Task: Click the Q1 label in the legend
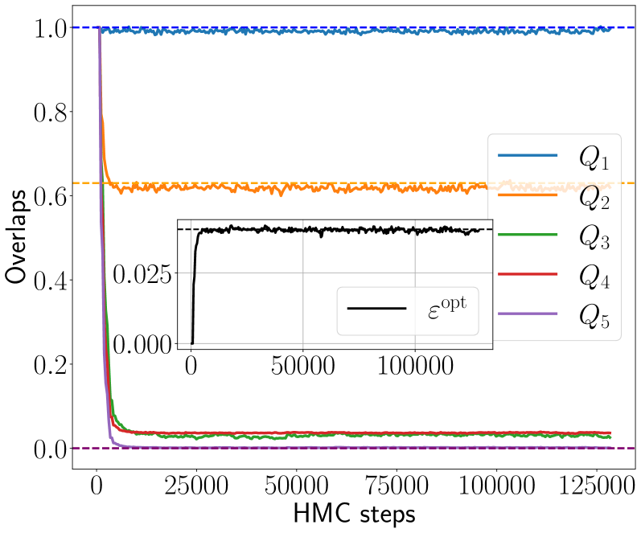pos(594,157)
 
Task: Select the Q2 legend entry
pos(594,198)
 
